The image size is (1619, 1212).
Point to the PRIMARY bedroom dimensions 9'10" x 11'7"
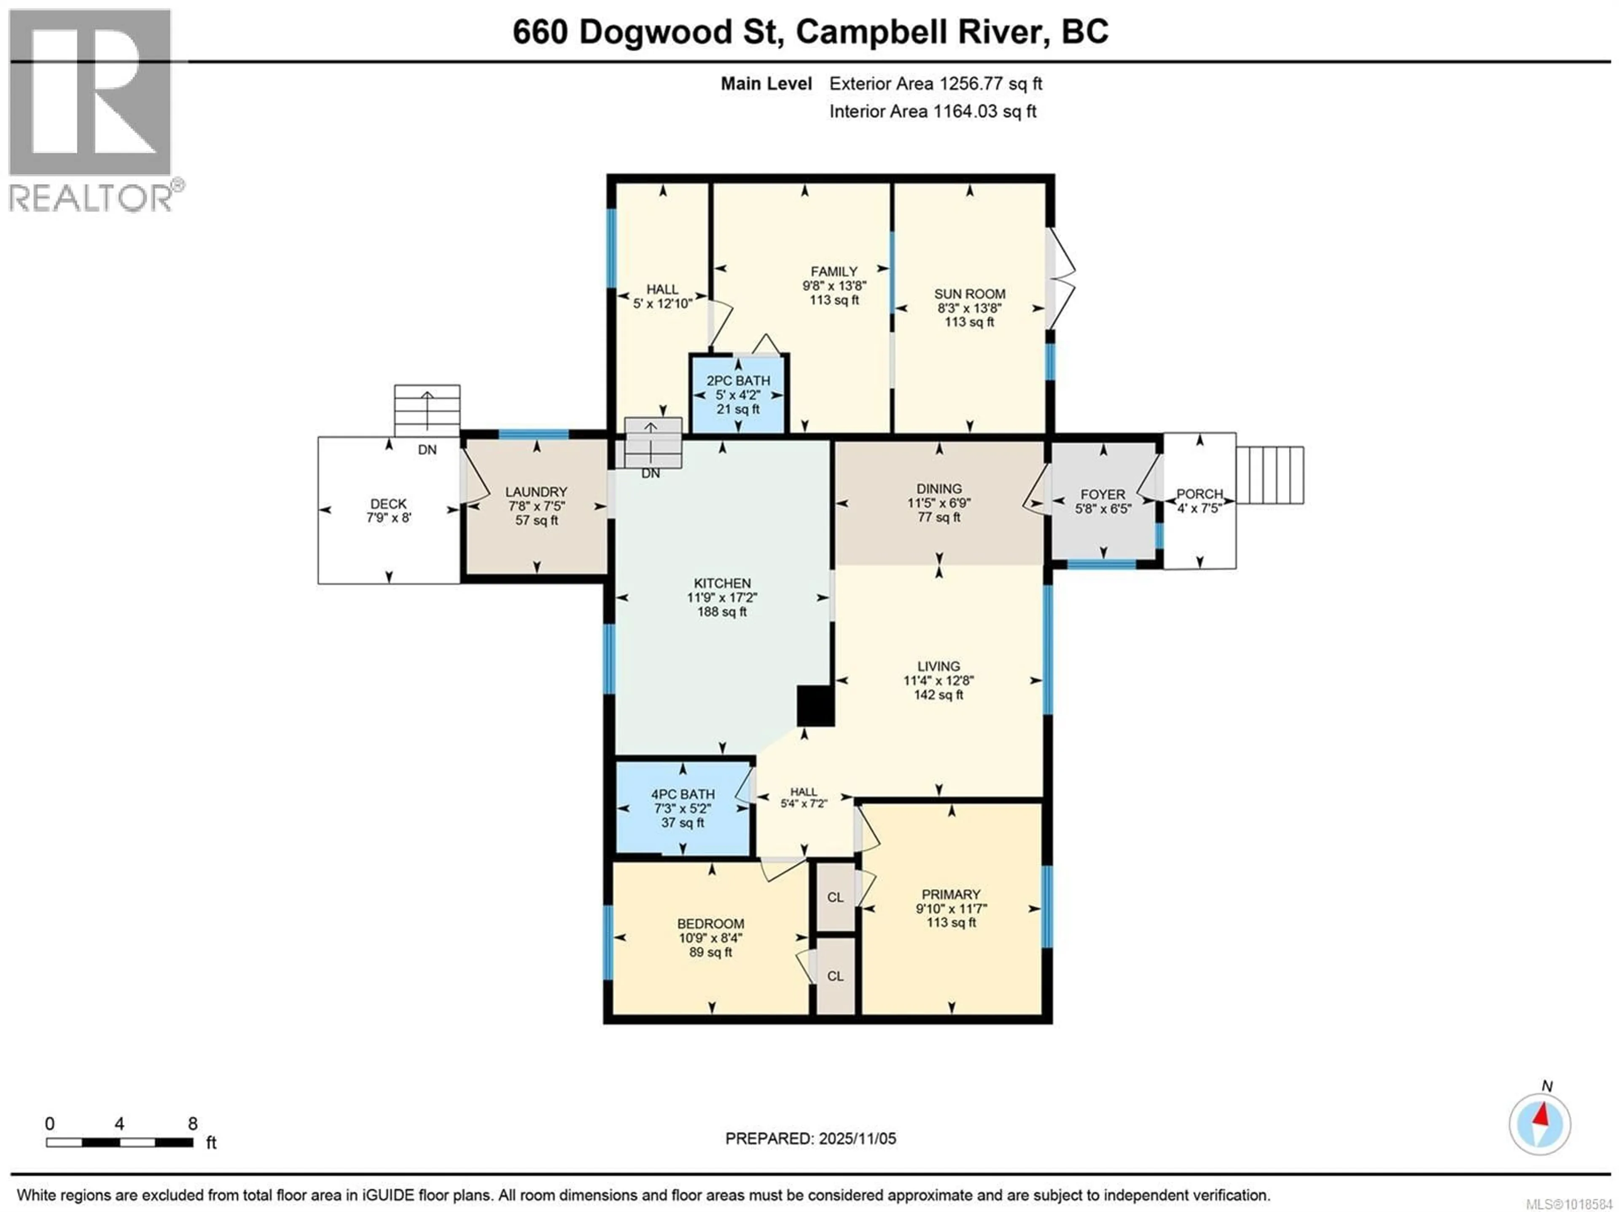point(951,908)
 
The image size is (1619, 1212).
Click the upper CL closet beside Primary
point(835,897)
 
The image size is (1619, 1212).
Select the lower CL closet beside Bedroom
point(835,976)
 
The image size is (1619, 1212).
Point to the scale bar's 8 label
point(193,1123)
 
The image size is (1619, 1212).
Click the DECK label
point(388,503)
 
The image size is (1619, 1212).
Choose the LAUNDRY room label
point(536,492)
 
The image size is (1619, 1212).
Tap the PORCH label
point(1199,494)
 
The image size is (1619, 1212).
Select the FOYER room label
point(1102,495)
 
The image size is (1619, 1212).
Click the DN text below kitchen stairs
point(650,473)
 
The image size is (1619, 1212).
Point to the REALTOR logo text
point(91,198)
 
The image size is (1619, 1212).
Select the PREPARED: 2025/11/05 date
point(810,1138)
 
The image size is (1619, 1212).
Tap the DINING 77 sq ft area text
point(939,517)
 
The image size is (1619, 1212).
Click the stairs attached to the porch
point(1270,475)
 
